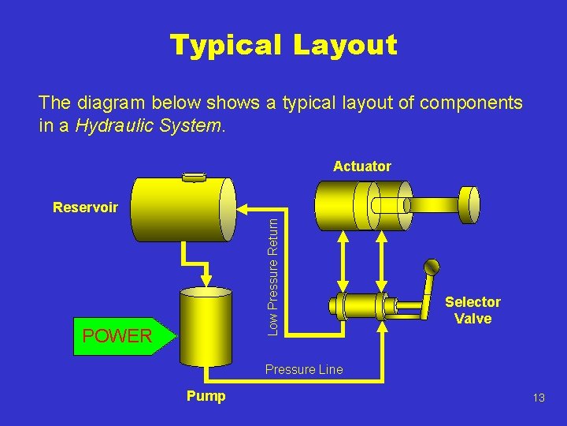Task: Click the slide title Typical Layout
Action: click(x=283, y=45)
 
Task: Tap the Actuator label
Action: click(x=361, y=166)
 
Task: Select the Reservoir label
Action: click(x=85, y=208)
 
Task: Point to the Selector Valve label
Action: click(x=472, y=310)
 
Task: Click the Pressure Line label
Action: click(x=304, y=369)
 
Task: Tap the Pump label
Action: click(x=206, y=396)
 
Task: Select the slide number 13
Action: click(x=539, y=398)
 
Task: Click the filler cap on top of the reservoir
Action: click(x=193, y=177)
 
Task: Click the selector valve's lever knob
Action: click(x=431, y=267)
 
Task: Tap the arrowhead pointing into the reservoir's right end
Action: click(x=243, y=210)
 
